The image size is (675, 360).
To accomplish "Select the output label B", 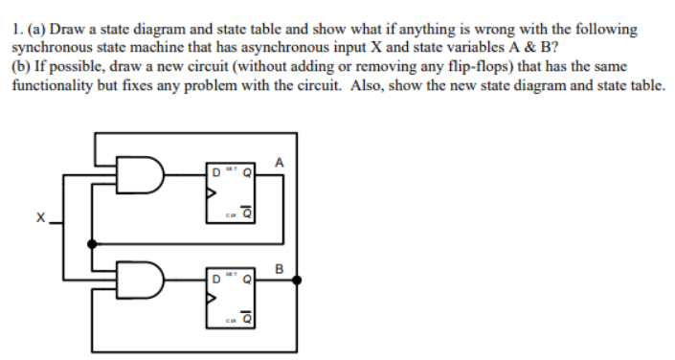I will (x=279, y=269).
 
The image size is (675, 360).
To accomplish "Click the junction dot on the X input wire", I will (x=92, y=244).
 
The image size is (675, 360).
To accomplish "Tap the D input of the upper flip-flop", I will (x=219, y=173).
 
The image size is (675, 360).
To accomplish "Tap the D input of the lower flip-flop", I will (x=219, y=281).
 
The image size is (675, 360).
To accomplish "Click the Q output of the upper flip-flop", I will (x=249, y=173).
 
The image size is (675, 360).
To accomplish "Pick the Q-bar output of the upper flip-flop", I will (x=249, y=214).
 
